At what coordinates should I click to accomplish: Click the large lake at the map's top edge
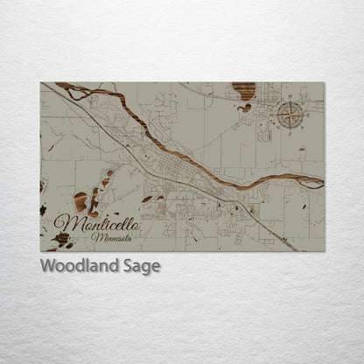pyautogui.click(x=244, y=90)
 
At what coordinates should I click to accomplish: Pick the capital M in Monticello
pyautogui.click(x=63, y=221)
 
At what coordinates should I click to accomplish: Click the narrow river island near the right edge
pyautogui.click(x=309, y=180)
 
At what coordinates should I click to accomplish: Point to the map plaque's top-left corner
pyautogui.click(x=40, y=83)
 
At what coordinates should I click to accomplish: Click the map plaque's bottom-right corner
pyautogui.click(x=324, y=251)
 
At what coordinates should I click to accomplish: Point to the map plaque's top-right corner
pyautogui.click(x=324, y=83)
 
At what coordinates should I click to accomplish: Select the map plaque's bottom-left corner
pyautogui.click(x=40, y=251)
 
